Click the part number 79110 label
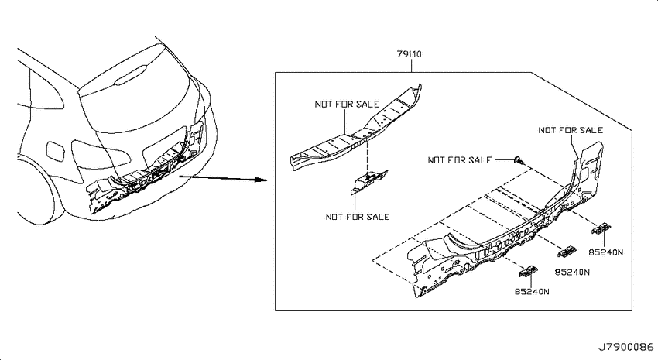click(x=410, y=54)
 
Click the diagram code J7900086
click(x=625, y=347)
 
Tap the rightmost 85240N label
click(x=605, y=252)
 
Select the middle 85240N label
click(x=572, y=272)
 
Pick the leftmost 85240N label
click(x=532, y=291)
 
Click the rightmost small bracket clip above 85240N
click(x=601, y=228)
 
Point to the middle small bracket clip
click(x=567, y=252)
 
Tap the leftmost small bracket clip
click(x=529, y=272)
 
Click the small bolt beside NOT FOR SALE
click(x=518, y=159)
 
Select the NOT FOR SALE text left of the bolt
click(x=460, y=159)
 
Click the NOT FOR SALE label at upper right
click(x=571, y=130)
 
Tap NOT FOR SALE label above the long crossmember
click(x=347, y=104)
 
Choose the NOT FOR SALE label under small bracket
click(x=358, y=217)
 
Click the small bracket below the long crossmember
click(x=368, y=181)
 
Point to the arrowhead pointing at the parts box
click(x=261, y=180)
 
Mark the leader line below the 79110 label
click(x=411, y=66)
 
